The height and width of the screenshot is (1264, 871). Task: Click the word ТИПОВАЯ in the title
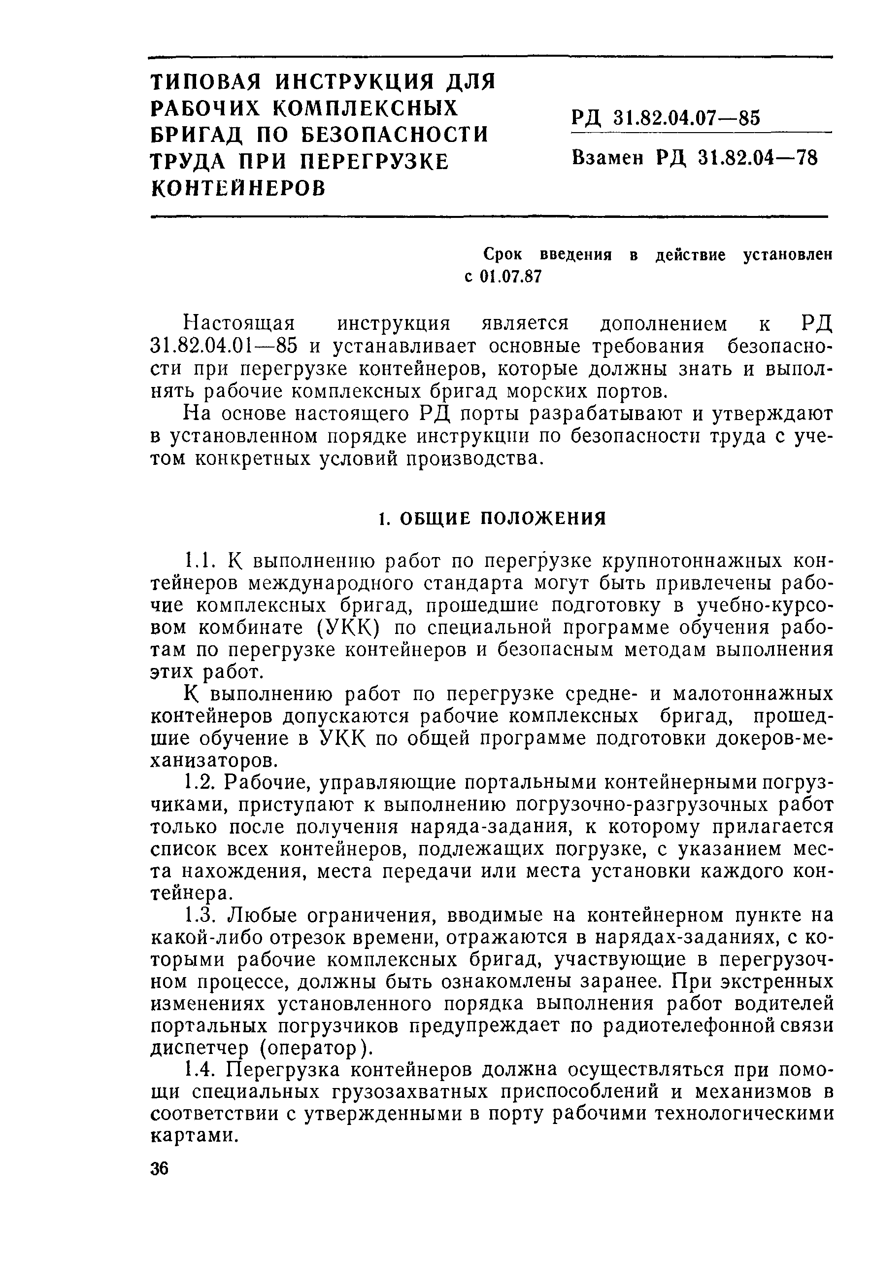click(206, 82)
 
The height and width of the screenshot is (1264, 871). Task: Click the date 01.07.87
click(511, 277)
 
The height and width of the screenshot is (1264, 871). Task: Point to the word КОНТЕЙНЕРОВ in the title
click(238, 188)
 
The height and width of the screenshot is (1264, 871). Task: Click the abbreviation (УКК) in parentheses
click(348, 628)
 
